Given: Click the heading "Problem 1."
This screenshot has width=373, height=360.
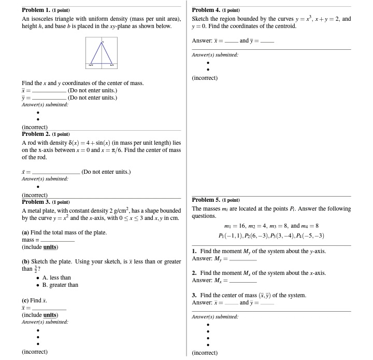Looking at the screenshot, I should point(36,10).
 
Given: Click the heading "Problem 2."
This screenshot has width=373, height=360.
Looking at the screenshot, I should point(36,134).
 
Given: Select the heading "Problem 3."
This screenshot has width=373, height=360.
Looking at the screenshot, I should point(36,202).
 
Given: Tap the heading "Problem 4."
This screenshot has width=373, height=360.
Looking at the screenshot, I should point(206,10).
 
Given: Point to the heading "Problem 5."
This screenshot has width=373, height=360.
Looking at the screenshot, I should point(206,200).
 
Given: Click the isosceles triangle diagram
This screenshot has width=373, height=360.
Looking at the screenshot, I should point(102,52).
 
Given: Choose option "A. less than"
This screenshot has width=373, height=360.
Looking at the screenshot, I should point(56,278).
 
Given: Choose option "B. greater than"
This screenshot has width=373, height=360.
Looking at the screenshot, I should point(60,285).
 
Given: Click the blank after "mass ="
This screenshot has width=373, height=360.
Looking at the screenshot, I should point(58,241).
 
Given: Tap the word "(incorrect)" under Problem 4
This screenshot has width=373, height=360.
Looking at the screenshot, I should point(205,78).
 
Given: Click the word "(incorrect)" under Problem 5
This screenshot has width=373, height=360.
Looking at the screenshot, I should point(205,353).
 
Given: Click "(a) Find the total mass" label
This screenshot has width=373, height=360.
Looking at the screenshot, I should point(64,232).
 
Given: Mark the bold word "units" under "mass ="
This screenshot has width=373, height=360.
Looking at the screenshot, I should point(50,247).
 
